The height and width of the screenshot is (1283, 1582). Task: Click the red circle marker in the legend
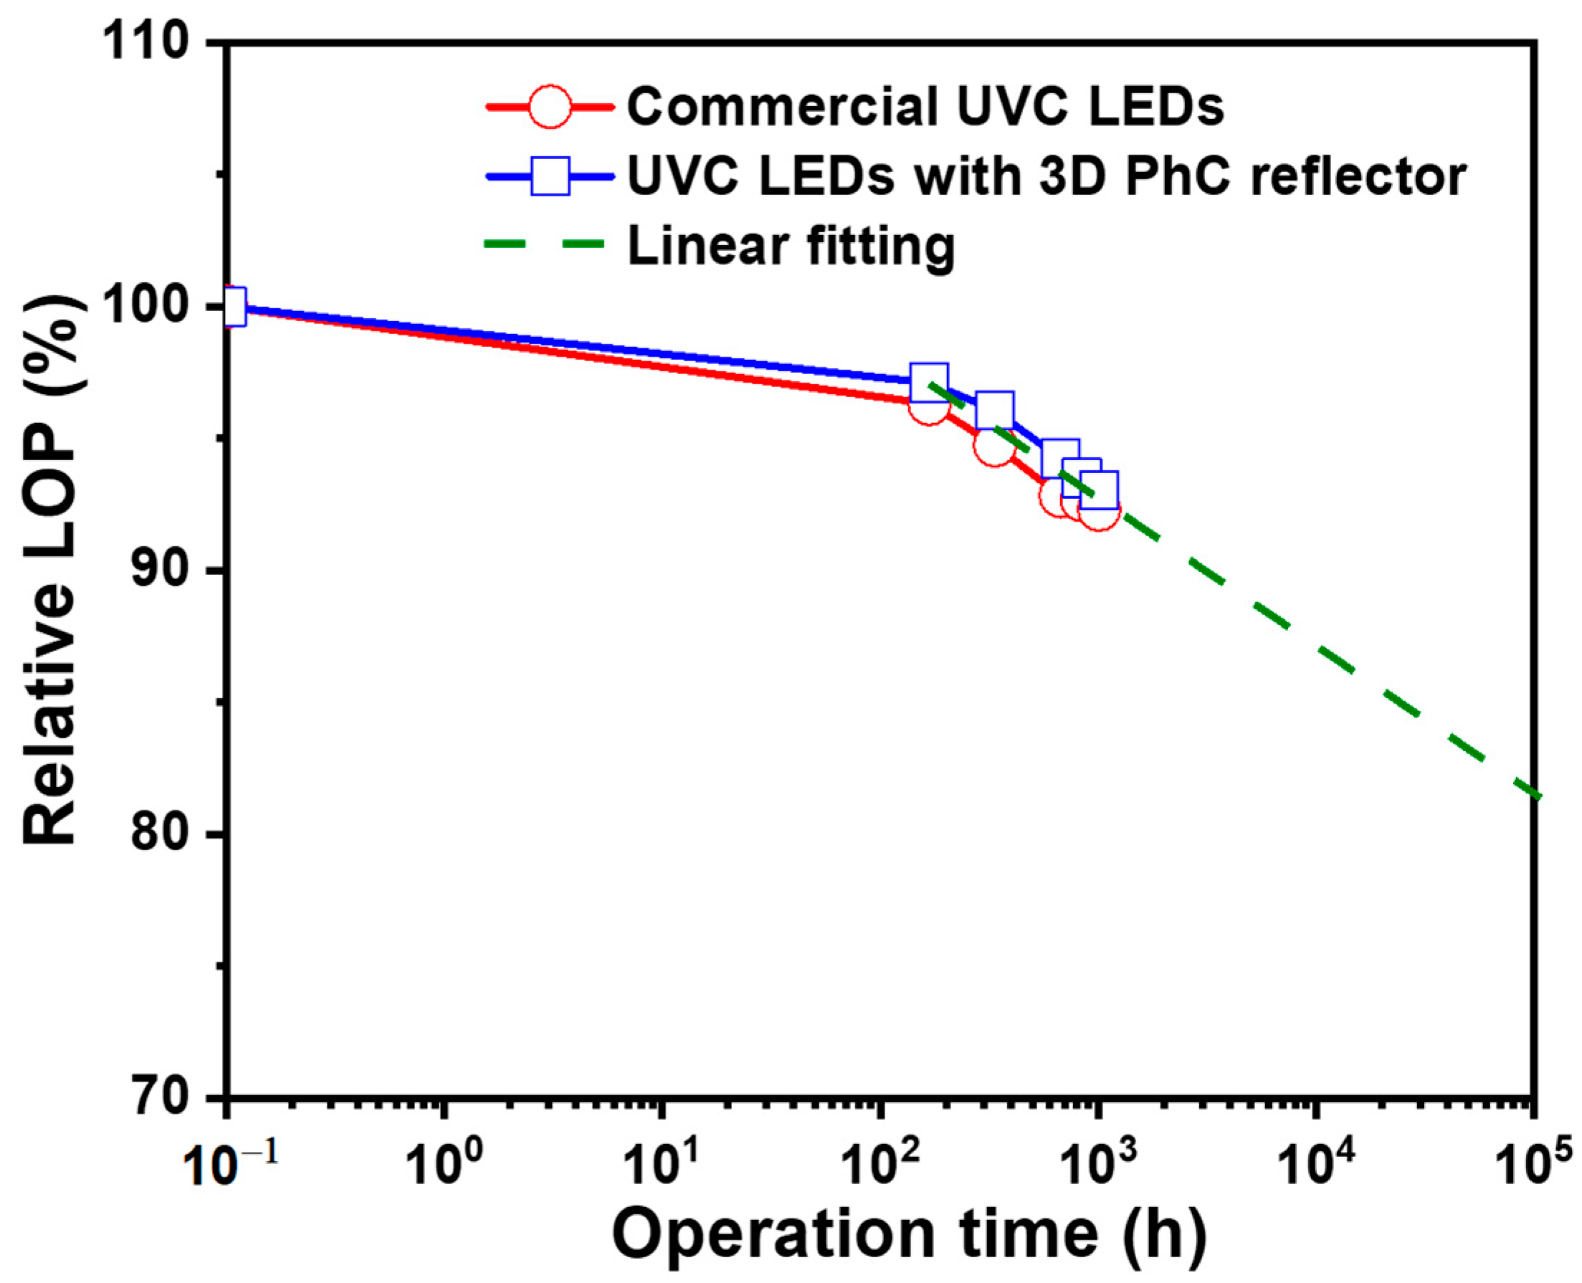[x=550, y=106]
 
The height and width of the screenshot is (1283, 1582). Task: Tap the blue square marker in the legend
[x=550, y=176]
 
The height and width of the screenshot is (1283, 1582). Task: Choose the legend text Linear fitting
[x=791, y=246]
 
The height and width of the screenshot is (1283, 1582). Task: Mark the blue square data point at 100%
[x=234, y=307]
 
